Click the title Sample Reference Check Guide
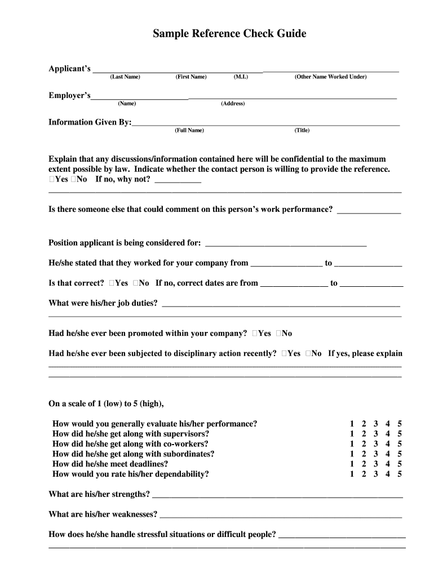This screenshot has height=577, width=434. [x=229, y=34]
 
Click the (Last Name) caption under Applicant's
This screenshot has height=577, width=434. [x=125, y=77]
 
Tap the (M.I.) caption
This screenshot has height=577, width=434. [x=240, y=77]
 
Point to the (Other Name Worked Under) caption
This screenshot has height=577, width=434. [x=330, y=77]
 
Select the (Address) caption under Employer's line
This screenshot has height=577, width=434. [x=233, y=104]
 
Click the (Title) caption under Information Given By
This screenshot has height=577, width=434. [x=302, y=130]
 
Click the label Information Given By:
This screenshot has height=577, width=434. [x=90, y=122]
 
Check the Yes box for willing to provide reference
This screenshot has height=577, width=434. [x=52, y=179]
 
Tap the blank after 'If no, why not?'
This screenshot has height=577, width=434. [x=178, y=180]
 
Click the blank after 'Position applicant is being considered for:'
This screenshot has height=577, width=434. [x=286, y=243]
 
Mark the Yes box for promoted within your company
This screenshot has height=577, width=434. [x=256, y=334]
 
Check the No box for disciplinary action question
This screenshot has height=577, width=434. [x=308, y=354]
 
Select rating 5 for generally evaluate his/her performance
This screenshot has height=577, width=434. [x=400, y=424]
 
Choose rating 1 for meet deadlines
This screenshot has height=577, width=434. [x=352, y=464]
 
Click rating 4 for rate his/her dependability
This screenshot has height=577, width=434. [x=388, y=474]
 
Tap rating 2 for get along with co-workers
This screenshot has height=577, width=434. [x=364, y=444]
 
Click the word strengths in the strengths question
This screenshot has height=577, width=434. [x=130, y=494]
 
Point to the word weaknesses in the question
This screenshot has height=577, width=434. [x=135, y=514]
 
